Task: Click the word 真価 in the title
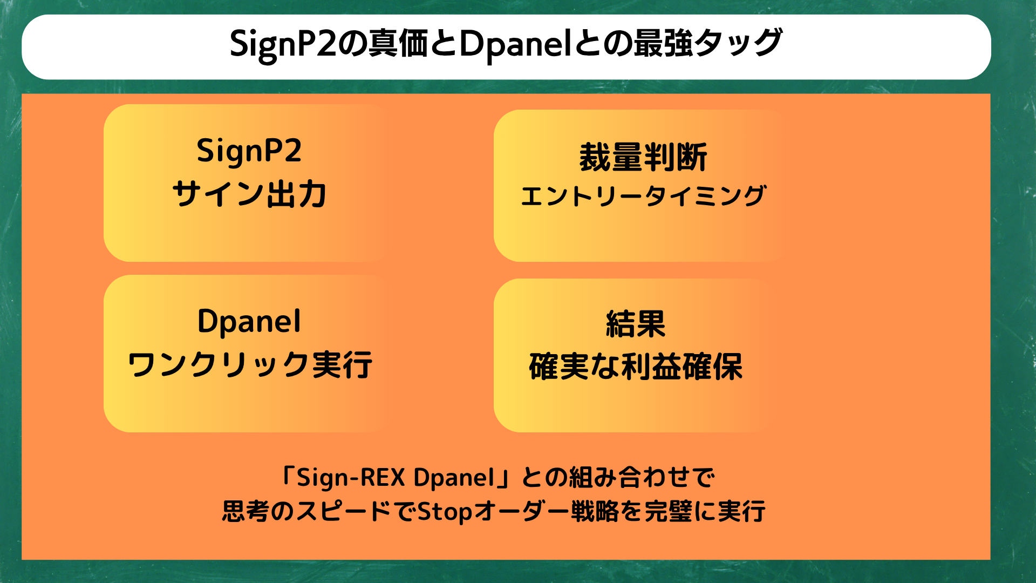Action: point(398,43)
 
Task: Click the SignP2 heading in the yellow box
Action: point(249,151)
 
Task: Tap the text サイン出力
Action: point(249,194)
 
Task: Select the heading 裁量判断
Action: point(643,157)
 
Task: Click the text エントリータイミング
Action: point(643,195)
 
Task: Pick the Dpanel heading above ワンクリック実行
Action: point(249,322)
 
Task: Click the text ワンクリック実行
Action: point(249,364)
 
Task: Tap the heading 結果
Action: point(636,324)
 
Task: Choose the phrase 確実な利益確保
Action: point(636,367)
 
